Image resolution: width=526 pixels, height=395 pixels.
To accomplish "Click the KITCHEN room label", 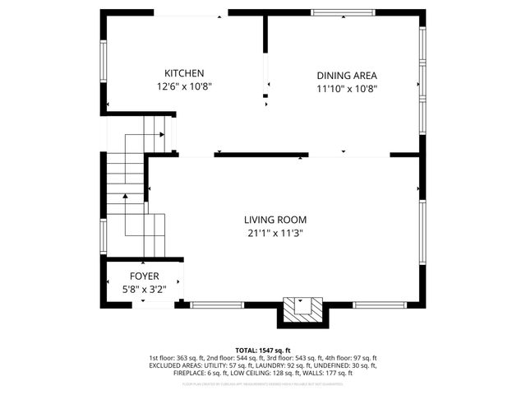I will pos(183,73).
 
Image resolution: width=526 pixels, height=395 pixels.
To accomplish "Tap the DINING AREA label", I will pos(347,75).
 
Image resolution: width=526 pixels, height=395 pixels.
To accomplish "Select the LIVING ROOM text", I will pos(275,220).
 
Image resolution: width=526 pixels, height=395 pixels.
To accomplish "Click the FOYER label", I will pos(144,276).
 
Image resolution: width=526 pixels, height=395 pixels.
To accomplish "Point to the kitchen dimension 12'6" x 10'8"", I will pos(183,86).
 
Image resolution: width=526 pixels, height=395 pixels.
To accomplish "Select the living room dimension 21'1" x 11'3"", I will pos(275,233).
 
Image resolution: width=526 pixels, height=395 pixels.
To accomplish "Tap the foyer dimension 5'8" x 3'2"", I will pos(144,289).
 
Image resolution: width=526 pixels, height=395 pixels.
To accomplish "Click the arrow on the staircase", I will pos(124,197).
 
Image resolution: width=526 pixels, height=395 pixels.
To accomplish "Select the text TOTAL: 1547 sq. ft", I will pos(263,351).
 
